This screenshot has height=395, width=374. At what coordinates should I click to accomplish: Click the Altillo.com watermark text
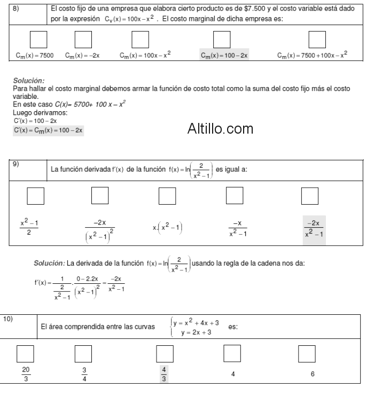(x=220, y=129)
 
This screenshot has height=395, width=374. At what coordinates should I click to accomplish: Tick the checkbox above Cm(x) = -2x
(x=82, y=39)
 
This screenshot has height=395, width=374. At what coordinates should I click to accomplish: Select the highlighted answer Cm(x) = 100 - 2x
(x=224, y=55)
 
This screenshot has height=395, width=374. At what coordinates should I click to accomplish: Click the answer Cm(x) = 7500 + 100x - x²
(x=313, y=55)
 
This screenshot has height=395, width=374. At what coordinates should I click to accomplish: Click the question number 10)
(x=9, y=318)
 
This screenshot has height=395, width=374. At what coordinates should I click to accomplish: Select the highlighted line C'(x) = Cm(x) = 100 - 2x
(x=49, y=130)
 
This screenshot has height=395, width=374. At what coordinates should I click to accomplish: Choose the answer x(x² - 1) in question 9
(x=167, y=228)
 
